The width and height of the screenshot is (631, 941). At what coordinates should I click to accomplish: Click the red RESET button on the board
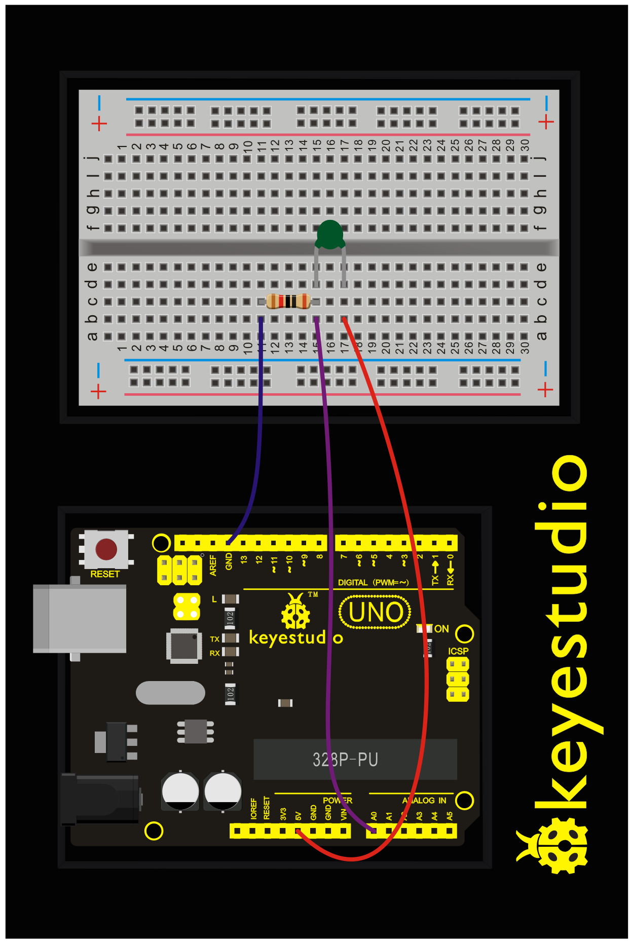pos(106,549)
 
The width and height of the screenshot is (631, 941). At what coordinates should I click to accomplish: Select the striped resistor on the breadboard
pos(288,301)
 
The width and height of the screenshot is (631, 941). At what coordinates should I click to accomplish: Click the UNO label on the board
pos(375,612)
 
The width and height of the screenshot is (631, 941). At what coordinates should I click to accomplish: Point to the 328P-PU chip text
pos(345,760)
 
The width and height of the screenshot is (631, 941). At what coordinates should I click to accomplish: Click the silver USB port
pos(80,618)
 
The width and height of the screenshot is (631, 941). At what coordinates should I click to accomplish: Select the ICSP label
pos(458,651)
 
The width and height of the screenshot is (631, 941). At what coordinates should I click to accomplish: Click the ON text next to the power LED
pos(441,629)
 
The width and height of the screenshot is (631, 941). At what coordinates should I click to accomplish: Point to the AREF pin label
pos(213,565)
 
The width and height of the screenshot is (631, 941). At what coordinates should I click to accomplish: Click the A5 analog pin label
pos(450,816)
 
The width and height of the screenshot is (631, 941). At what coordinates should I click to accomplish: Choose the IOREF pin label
pos(254,809)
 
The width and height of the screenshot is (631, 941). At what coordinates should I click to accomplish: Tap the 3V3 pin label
pos(283,814)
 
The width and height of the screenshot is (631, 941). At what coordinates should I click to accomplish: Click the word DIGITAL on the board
pos(353,583)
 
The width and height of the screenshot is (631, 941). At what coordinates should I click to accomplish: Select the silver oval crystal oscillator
pos(170,693)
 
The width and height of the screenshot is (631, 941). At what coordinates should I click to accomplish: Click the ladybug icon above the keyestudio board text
pos(295,612)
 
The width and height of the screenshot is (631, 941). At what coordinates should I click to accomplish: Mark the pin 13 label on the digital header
pos(244,560)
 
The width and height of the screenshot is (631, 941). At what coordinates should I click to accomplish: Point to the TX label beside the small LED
pos(214,639)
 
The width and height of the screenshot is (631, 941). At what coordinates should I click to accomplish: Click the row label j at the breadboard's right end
pos(541,158)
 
